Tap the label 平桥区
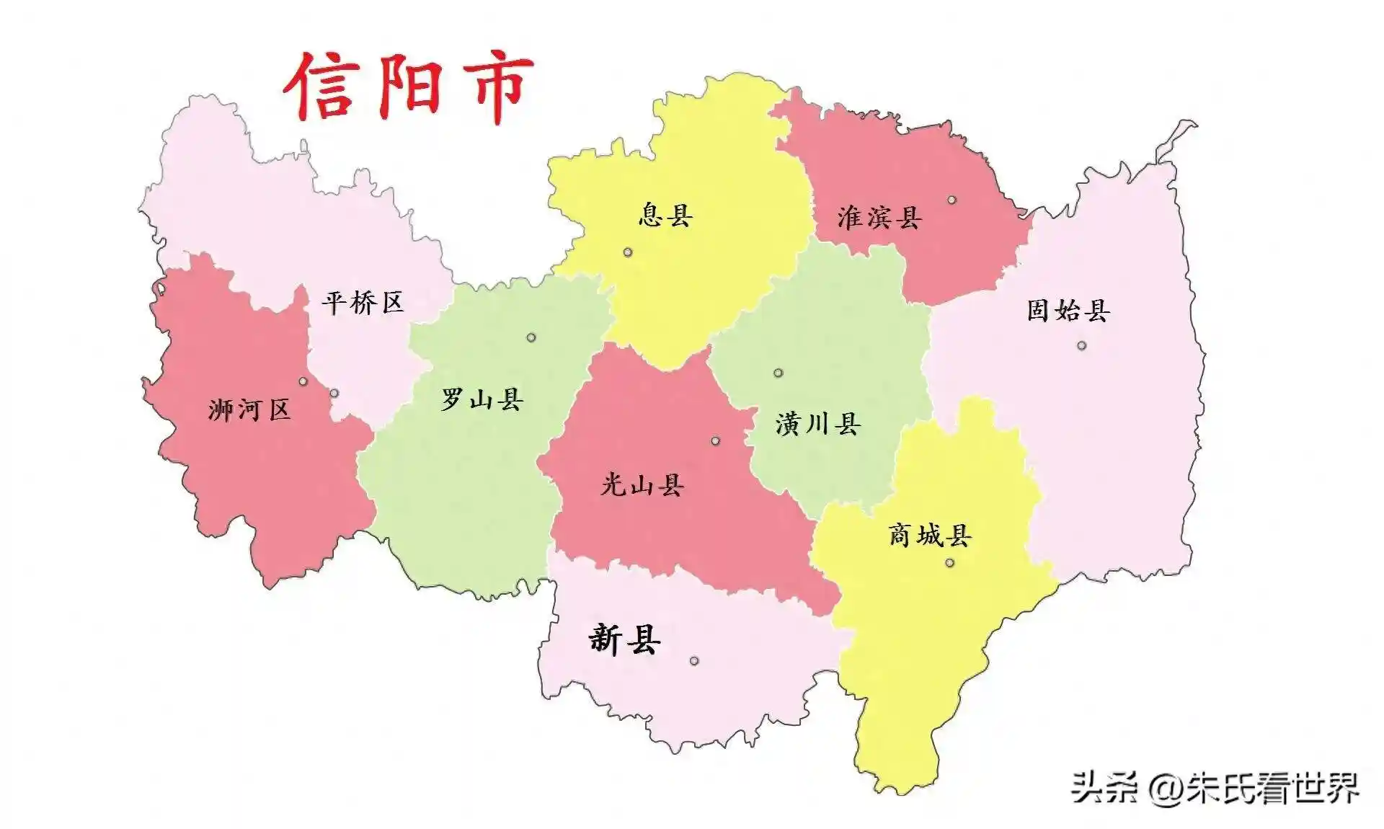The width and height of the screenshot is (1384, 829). click(x=363, y=302)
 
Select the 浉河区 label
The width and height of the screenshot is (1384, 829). click(x=249, y=410)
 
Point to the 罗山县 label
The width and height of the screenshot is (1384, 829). click(x=482, y=399)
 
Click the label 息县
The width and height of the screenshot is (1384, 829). click(x=665, y=215)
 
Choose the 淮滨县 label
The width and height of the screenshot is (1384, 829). click(x=879, y=217)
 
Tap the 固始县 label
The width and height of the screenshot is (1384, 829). click(x=1068, y=311)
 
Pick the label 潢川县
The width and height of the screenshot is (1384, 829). click(x=818, y=423)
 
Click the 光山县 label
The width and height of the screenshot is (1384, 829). click(x=642, y=484)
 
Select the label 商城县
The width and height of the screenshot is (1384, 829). click(x=930, y=535)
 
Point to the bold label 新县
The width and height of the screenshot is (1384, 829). click(x=624, y=639)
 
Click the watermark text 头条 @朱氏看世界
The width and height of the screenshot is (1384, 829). click(x=1214, y=786)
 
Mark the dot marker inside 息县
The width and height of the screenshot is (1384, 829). click(x=628, y=252)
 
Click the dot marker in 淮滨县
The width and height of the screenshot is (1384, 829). click(x=952, y=200)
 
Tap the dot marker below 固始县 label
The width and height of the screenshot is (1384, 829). click(x=1081, y=346)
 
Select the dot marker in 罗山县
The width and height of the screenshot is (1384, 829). click(x=531, y=337)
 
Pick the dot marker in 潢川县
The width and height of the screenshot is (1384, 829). click(x=778, y=373)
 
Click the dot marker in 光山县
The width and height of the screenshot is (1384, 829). click(x=715, y=440)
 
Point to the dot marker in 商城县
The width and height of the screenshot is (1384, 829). click(x=949, y=562)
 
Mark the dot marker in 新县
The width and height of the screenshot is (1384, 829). click(x=694, y=661)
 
